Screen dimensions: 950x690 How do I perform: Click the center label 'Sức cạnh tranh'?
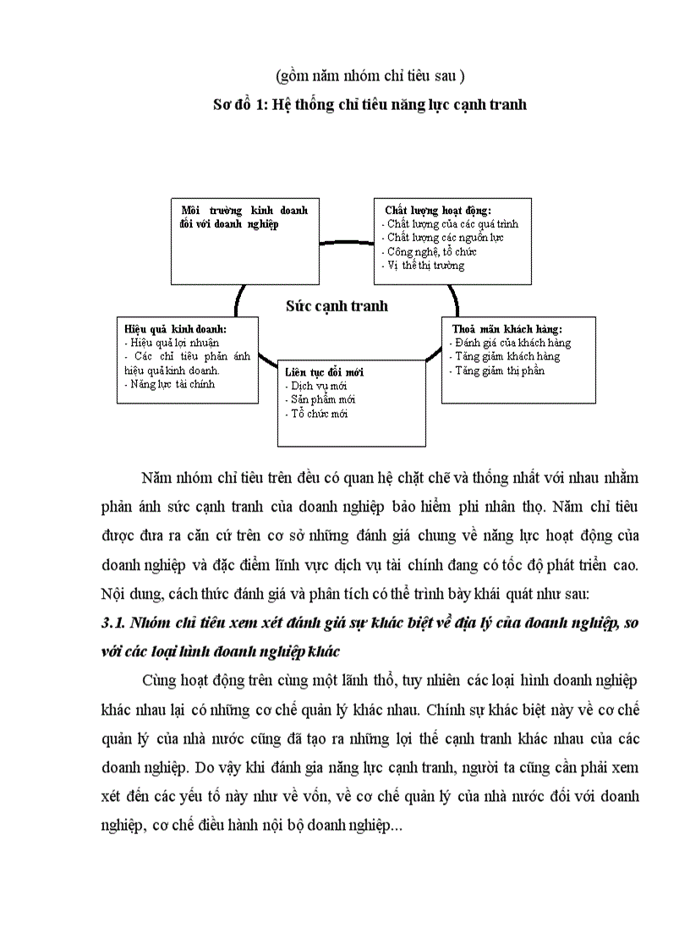click(337, 305)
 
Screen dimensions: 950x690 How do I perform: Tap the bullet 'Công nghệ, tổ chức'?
click(430, 251)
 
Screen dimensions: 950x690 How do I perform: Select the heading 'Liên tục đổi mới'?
click(324, 372)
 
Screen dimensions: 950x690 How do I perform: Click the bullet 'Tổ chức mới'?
click(317, 413)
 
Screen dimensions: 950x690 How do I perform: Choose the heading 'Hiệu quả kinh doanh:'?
click(177, 329)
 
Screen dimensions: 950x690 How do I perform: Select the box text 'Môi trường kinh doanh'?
click(244, 210)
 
